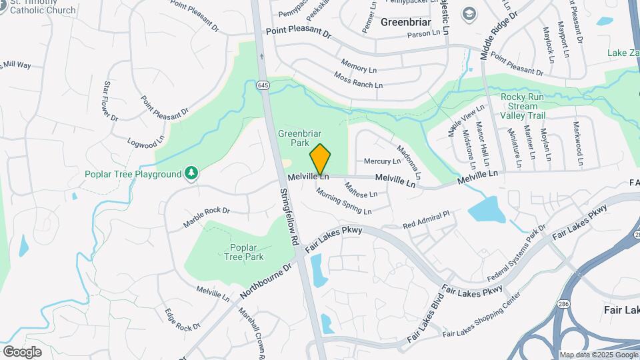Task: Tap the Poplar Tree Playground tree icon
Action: [191, 174]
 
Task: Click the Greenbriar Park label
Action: [295, 137]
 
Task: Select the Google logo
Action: [22, 351]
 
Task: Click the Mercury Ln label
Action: [382, 161]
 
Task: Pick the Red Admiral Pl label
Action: [427, 219]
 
